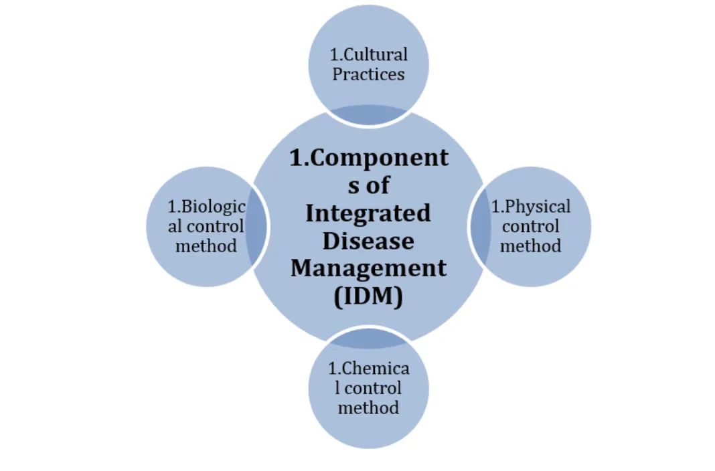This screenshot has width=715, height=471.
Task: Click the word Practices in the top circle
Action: (368, 74)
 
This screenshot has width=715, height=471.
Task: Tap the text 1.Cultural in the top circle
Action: (368, 54)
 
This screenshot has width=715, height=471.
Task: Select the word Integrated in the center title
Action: (368, 213)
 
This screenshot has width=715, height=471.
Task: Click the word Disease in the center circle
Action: (368, 240)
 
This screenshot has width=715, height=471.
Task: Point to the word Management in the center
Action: (368, 268)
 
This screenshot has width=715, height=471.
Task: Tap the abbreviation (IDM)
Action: (368, 295)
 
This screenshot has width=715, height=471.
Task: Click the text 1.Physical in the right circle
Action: (531, 206)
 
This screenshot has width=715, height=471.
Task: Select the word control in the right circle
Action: (531, 226)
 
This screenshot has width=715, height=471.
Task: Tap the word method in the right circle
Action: (531, 246)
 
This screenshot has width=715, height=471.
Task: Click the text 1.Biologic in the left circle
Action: (206, 206)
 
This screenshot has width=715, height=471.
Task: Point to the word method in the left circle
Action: (206, 246)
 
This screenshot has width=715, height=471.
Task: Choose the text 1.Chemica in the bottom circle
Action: (368, 368)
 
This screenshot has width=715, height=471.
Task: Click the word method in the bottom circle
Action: (368, 407)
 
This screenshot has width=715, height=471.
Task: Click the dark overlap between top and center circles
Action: (368, 115)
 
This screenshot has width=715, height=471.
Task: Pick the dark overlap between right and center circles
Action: (480, 227)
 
